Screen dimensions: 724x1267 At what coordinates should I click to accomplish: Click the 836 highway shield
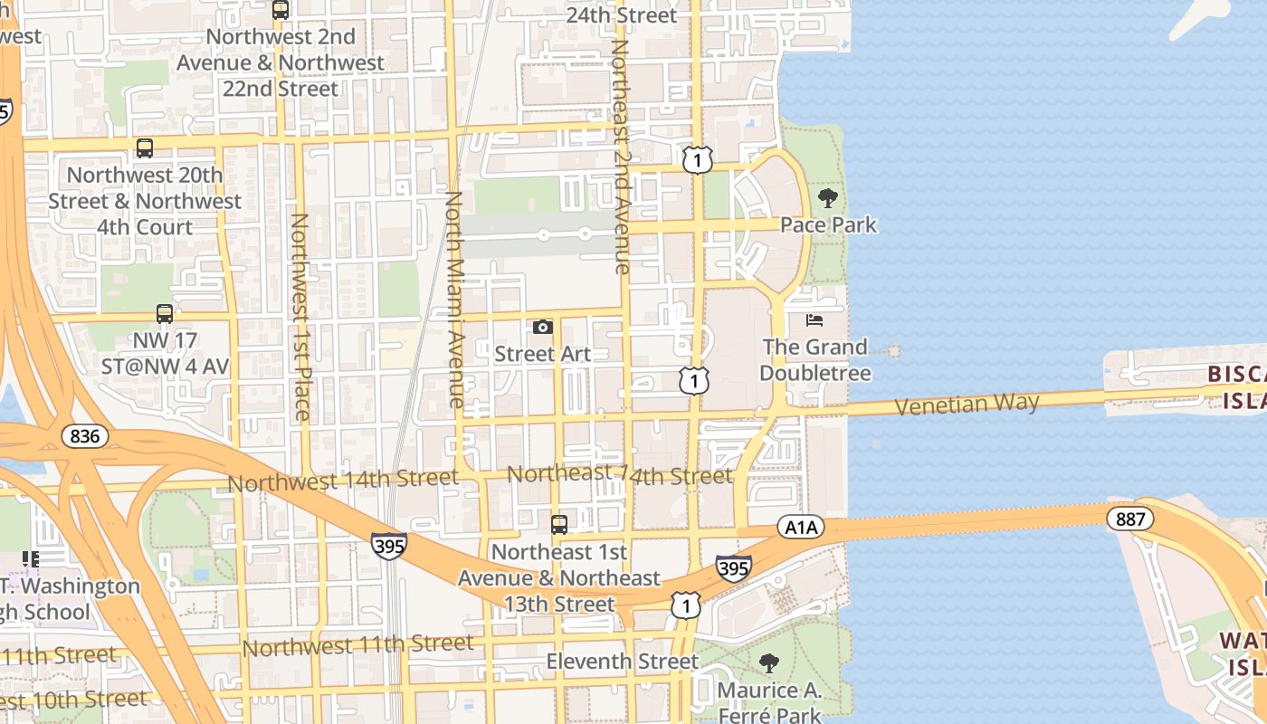click(85, 437)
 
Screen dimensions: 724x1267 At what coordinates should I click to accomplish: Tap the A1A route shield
click(800, 528)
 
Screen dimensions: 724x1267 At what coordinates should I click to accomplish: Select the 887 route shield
click(1129, 519)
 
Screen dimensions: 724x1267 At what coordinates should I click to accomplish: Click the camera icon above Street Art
click(543, 327)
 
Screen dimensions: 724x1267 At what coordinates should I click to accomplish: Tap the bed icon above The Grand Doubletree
click(814, 320)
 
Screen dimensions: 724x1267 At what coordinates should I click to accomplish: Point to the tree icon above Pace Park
click(827, 198)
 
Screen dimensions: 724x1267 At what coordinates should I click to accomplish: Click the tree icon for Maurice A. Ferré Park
click(769, 663)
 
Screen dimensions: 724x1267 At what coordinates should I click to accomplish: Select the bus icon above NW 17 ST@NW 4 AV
click(164, 314)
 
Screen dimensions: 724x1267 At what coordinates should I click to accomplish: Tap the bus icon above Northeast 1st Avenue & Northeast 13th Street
click(559, 524)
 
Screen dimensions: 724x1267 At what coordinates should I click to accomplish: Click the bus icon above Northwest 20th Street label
click(144, 148)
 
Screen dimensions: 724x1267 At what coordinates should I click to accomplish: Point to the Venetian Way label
click(967, 404)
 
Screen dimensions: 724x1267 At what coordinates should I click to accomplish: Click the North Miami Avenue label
click(455, 299)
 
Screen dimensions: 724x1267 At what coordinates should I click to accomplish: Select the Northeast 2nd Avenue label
click(621, 156)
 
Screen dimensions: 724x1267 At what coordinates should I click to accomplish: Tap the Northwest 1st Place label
click(300, 317)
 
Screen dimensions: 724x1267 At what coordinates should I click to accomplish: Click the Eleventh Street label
click(622, 662)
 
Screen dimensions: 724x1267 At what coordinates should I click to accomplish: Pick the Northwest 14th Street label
click(343, 481)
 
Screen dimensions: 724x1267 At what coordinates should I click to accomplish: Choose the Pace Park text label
click(828, 224)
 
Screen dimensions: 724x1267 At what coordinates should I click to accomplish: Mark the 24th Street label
click(621, 15)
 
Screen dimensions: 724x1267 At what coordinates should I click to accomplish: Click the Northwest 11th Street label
click(357, 645)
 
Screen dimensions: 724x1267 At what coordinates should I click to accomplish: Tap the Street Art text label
click(542, 354)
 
